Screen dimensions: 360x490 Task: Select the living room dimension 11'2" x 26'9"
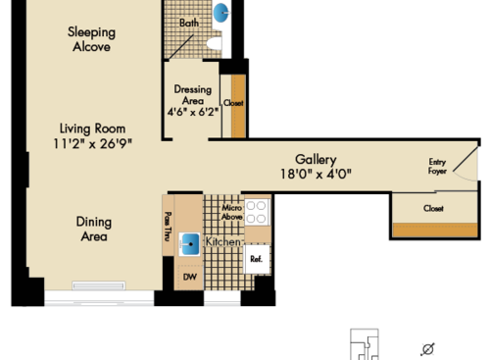tap(94, 144)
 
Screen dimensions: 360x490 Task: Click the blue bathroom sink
tap(220, 14)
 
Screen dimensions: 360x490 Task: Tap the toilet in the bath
tap(217, 45)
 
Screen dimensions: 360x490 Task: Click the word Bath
tap(189, 23)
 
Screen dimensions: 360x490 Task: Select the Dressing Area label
tap(193, 94)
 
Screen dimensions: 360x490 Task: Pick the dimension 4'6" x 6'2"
tap(193, 111)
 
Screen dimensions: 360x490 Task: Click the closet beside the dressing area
tap(233, 103)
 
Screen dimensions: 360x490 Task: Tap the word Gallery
tap(316, 160)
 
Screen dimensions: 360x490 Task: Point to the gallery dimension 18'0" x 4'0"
tap(316, 175)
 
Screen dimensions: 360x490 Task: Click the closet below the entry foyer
tap(433, 209)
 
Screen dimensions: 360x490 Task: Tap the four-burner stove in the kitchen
tap(257, 213)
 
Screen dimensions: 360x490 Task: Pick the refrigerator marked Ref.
tap(256, 259)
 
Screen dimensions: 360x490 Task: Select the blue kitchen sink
tap(190, 243)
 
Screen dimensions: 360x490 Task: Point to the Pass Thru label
tap(169, 227)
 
